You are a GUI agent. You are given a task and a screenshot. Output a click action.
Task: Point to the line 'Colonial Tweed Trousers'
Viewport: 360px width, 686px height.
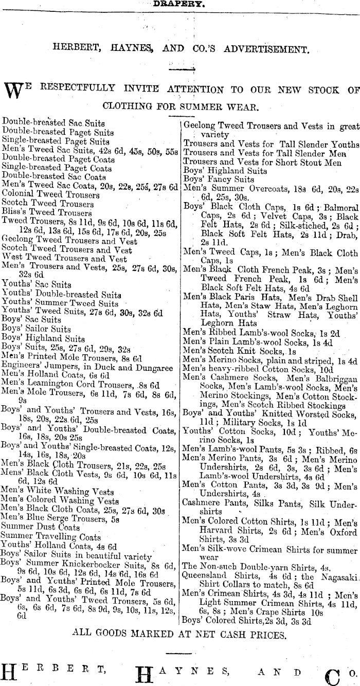51,195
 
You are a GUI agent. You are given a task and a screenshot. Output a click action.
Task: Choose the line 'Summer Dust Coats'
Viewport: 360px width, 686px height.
41,528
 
